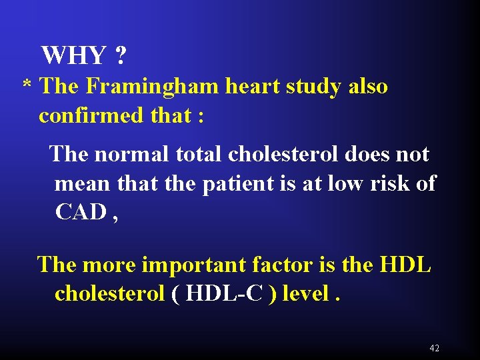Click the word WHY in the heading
click(73, 56)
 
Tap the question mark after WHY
click(120, 56)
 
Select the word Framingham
click(143, 87)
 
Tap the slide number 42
click(435, 348)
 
